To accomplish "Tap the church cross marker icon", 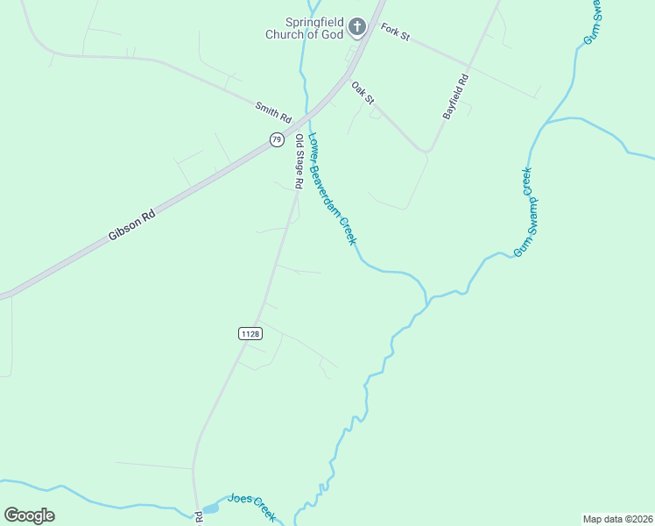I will (356, 27).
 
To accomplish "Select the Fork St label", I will (396, 32).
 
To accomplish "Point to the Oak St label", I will (363, 92).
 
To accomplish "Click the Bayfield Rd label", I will (455, 96).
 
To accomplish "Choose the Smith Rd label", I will (272, 111).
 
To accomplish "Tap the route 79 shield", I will (277, 139).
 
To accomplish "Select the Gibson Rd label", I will (131, 225).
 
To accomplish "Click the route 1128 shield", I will (250, 333).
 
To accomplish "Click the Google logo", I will (29, 515).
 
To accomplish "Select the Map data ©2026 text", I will (616, 519).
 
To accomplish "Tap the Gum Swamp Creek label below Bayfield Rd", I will (524, 211).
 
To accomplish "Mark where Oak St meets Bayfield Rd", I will (427, 152).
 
